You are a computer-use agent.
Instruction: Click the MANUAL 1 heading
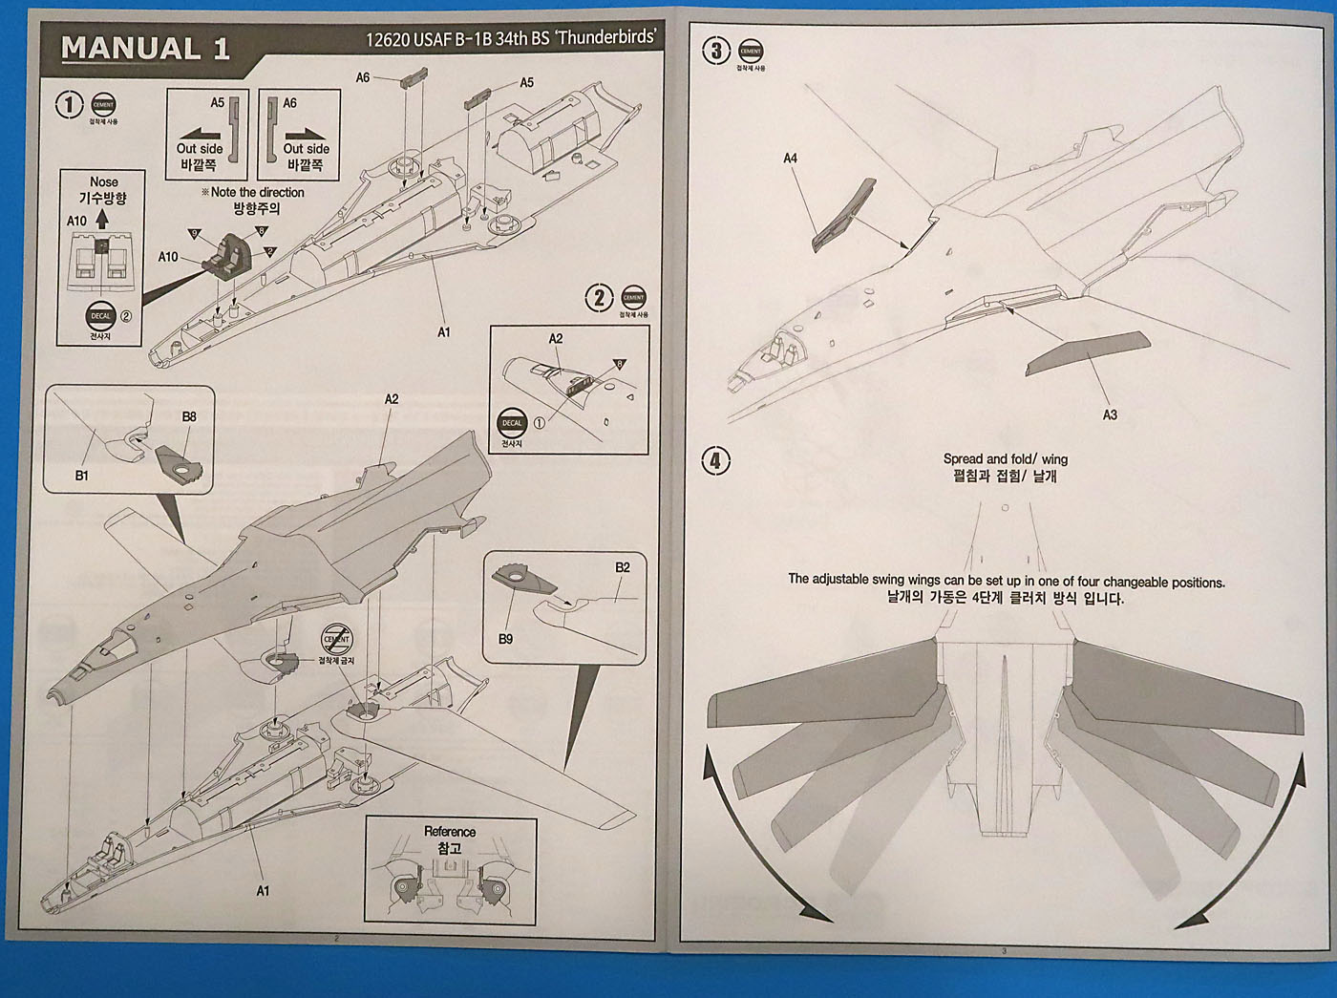pos(145,49)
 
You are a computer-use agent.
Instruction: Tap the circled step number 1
pos(69,104)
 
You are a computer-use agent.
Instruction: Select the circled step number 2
pos(599,298)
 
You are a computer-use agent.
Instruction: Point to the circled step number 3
pos(715,51)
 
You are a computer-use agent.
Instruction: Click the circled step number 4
pos(715,461)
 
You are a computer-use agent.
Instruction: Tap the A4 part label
pos(790,159)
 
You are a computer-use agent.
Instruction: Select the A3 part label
pos(1109,415)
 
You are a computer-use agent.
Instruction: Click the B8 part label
pos(189,416)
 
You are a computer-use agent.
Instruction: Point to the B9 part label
pos(505,639)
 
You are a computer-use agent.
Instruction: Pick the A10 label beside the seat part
pos(167,257)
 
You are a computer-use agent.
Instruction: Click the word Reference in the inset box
pos(450,832)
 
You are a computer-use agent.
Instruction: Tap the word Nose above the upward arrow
pos(103,181)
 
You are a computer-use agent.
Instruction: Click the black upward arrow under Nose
pos(102,220)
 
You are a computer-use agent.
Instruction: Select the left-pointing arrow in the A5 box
pos(200,134)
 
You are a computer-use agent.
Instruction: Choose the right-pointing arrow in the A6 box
pos(306,134)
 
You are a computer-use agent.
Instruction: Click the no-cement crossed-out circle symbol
pos(337,638)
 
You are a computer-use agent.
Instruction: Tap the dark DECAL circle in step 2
pos(512,422)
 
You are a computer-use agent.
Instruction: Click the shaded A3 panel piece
pos(1089,353)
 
